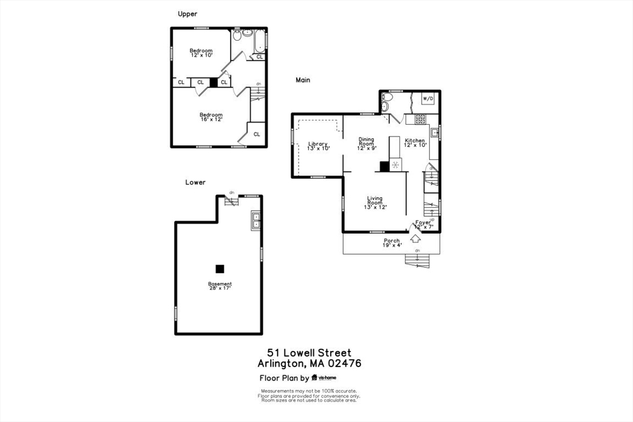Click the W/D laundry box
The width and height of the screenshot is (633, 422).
tap(428, 99)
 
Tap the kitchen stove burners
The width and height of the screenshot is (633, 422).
tap(420, 119)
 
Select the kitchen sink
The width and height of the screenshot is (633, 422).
tap(435, 132)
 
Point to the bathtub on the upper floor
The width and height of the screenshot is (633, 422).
tap(260, 41)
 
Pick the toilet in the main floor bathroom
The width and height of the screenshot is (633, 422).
tap(388, 97)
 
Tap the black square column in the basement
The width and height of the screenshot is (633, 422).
tap(219, 269)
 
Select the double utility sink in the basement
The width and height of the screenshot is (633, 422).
tap(255, 221)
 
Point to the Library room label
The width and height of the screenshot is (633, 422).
tap(318, 145)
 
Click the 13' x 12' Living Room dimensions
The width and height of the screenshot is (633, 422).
tap(375, 207)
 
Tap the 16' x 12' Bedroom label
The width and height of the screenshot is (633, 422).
tap(211, 119)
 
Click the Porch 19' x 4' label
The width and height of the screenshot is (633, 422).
tap(392, 243)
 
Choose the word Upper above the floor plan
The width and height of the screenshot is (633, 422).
tap(187, 14)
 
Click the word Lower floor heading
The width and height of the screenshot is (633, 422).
tap(195, 182)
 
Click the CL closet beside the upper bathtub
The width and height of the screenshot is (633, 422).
tap(259, 57)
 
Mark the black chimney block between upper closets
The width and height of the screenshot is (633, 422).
tap(214, 82)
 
